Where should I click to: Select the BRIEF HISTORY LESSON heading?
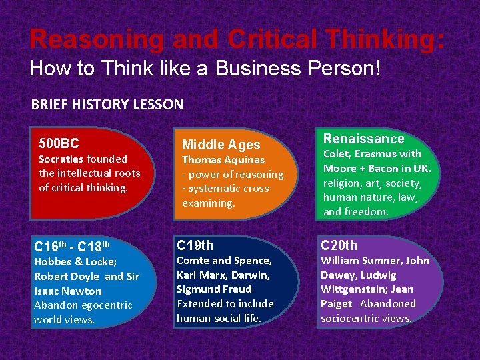point(107,105)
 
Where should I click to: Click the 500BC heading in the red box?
point(59,143)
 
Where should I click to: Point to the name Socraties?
point(61,159)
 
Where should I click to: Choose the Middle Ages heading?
point(221,145)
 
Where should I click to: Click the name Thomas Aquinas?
point(223,160)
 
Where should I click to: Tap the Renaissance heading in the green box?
point(364,139)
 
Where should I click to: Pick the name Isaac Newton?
point(67,291)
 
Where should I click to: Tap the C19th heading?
point(195,245)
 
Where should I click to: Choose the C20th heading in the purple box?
point(339,245)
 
